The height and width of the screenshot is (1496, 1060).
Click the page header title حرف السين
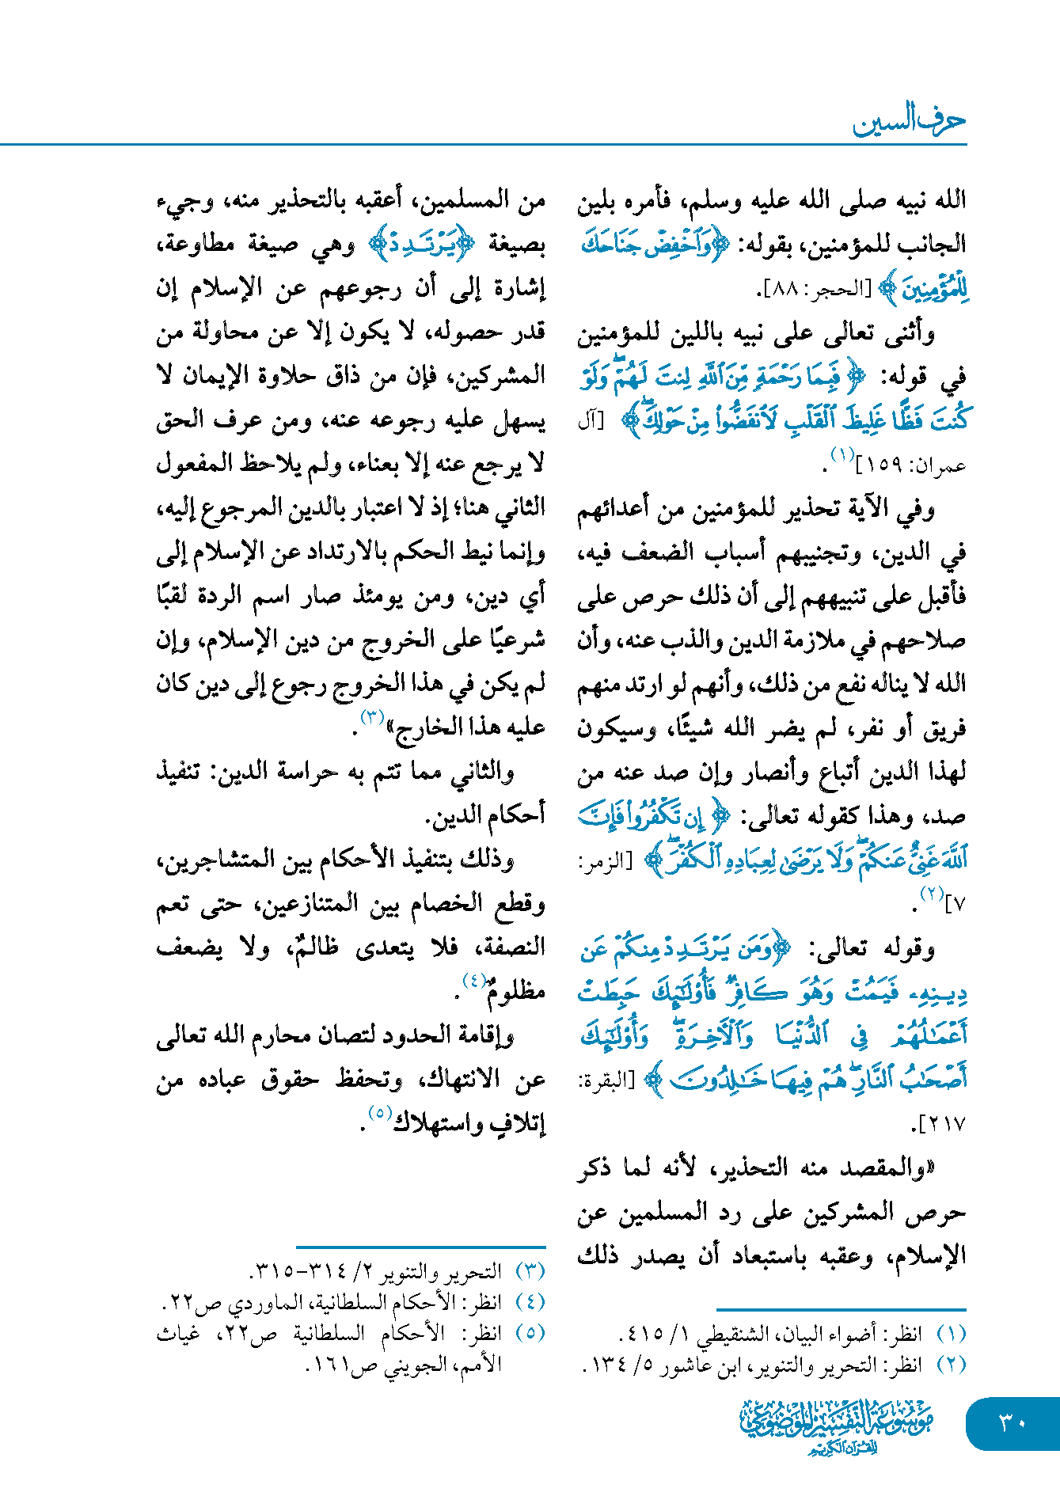click(x=909, y=121)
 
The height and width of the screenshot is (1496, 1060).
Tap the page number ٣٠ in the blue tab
click(x=1013, y=1422)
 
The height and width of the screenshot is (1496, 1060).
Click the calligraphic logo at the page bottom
click(x=837, y=1426)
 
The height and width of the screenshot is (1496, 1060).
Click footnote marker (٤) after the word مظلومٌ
click(x=474, y=982)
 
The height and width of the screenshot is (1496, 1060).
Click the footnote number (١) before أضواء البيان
click(x=951, y=1334)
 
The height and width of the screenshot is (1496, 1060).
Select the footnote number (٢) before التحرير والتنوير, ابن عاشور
click(x=951, y=1365)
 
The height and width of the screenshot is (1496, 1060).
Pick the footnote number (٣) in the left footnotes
click(x=530, y=1271)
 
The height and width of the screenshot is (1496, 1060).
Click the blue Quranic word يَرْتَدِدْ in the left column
click(x=422, y=245)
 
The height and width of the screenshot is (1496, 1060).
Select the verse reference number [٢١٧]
click(x=941, y=1124)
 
